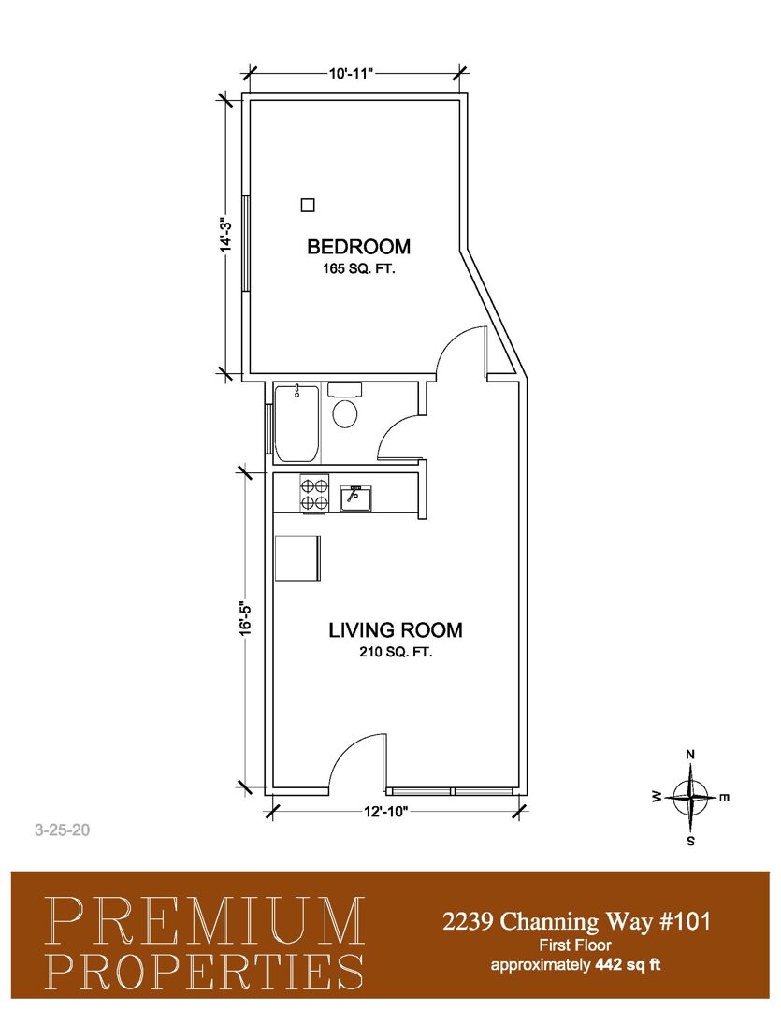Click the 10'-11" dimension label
pyautogui.click(x=351, y=73)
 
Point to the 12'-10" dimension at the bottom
pyautogui.click(x=385, y=811)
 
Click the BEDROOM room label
pyautogui.click(x=358, y=246)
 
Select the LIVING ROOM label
pyautogui.click(x=396, y=629)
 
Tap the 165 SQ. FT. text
pyautogui.click(x=358, y=268)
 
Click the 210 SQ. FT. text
pyautogui.click(x=396, y=652)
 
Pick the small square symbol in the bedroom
pyautogui.click(x=308, y=205)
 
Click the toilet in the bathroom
pyautogui.click(x=345, y=405)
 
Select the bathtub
pyautogui.click(x=296, y=423)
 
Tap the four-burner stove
pyautogui.click(x=314, y=494)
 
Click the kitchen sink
pyautogui.click(x=355, y=498)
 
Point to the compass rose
pyautogui.click(x=690, y=798)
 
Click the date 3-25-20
pyautogui.click(x=63, y=830)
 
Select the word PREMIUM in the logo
pyautogui.click(x=204, y=920)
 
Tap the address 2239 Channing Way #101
pyautogui.click(x=576, y=922)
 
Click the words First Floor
pyautogui.click(x=575, y=945)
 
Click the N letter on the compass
pyautogui.click(x=690, y=755)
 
